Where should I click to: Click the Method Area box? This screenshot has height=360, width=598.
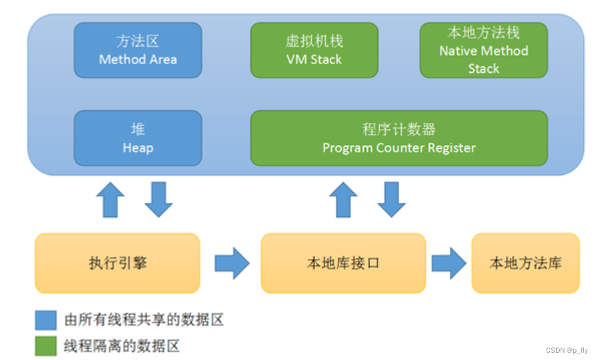click(x=137, y=50)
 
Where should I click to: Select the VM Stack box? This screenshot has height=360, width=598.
click(x=314, y=50)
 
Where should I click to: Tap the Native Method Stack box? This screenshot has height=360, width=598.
click(x=484, y=50)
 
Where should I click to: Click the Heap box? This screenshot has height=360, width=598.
click(x=137, y=138)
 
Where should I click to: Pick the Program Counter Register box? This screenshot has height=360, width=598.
click(x=399, y=138)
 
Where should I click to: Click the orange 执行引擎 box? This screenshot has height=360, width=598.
click(x=117, y=263)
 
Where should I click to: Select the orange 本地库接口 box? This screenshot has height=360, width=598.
click(x=343, y=263)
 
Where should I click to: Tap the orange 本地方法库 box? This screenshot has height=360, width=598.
click(x=525, y=263)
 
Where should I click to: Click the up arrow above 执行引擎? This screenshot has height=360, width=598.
click(x=110, y=200)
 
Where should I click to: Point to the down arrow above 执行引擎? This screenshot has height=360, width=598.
click(x=159, y=200)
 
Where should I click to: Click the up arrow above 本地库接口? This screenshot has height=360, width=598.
click(x=343, y=200)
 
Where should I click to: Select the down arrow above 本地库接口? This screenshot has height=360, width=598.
click(x=392, y=200)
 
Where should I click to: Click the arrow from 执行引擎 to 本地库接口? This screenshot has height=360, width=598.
click(x=232, y=263)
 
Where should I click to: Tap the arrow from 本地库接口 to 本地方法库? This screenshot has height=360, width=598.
click(x=449, y=263)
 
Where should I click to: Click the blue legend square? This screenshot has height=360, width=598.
click(x=46, y=320)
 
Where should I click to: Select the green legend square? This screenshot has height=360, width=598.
click(x=46, y=346)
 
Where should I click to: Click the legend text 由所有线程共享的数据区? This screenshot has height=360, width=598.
click(x=143, y=319)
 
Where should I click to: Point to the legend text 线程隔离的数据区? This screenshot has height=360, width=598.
click(x=121, y=346)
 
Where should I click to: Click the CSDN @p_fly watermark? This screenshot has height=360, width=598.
click(x=567, y=350)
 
